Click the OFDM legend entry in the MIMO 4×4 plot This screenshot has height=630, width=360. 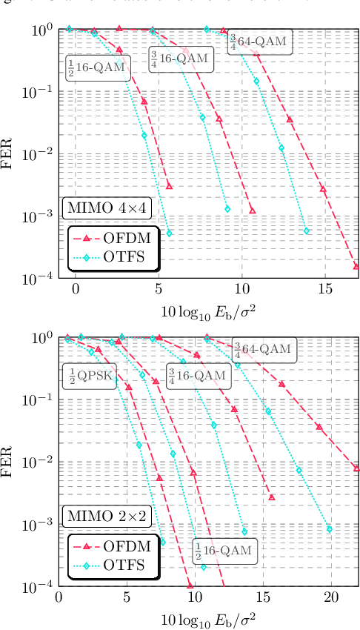[110, 238]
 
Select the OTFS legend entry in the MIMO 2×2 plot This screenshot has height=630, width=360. [110, 566]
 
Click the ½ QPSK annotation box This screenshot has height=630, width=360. [88, 375]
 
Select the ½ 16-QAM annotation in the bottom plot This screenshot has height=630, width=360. [223, 551]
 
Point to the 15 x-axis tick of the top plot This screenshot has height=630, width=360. [323, 289]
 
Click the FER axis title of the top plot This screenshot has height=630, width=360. [10, 154]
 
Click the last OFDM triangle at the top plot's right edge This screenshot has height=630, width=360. [356, 266]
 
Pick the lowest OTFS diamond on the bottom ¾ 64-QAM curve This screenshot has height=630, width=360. [329, 528]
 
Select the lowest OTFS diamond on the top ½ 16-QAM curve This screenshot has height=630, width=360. [169, 233]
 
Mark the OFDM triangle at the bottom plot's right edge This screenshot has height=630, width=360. [356, 468]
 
